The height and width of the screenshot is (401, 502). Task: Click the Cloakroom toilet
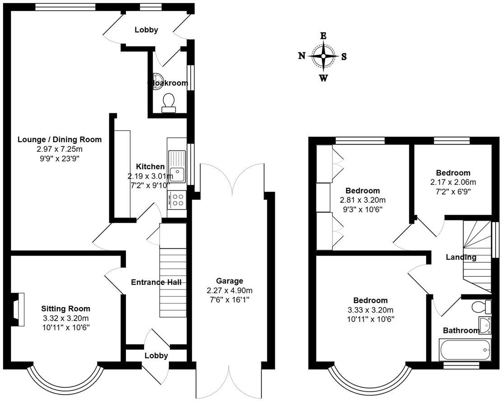168,102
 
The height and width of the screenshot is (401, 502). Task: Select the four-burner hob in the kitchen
177,199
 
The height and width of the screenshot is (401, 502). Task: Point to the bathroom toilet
479,307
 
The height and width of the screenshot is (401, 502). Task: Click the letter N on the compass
302,56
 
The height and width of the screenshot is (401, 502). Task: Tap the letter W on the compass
323,78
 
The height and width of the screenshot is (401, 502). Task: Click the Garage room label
229,281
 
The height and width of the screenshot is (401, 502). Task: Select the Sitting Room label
66,309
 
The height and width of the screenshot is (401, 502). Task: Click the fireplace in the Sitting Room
19,309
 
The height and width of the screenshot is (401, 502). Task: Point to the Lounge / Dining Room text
60,140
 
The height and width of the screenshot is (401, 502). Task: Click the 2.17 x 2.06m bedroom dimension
453,182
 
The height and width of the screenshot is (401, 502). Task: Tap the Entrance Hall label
156,282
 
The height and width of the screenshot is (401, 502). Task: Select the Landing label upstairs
461,257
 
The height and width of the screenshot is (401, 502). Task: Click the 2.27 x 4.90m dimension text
229,290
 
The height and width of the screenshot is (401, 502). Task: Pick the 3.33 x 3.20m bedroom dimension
370,310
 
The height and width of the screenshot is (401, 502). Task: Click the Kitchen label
150,167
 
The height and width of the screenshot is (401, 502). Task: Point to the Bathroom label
460,331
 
